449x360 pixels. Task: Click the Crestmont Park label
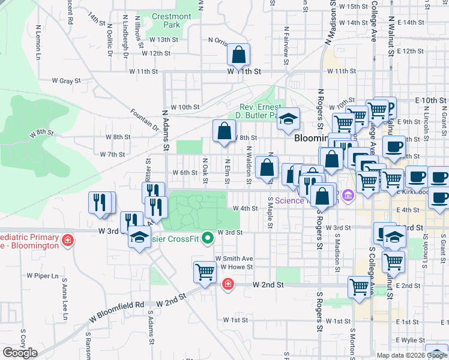pyautogui.click(x=172, y=21)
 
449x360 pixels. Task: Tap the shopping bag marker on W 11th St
pyautogui.click(x=239, y=55)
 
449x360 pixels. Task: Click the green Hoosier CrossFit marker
pyautogui.click(x=208, y=238)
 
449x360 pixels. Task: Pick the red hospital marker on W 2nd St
pyautogui.click(x=228, y=284)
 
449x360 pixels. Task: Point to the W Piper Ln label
pyautogui.click(x=43, y=276)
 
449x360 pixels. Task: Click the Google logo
pyautogui.click(x=20, y=353)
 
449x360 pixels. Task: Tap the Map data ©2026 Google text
pyautogui.click(x=412, y=355)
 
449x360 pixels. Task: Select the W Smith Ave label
pyautogui.click(x=234, y=258)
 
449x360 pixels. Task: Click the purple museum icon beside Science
pyautogui.click(x=346, y=196)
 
